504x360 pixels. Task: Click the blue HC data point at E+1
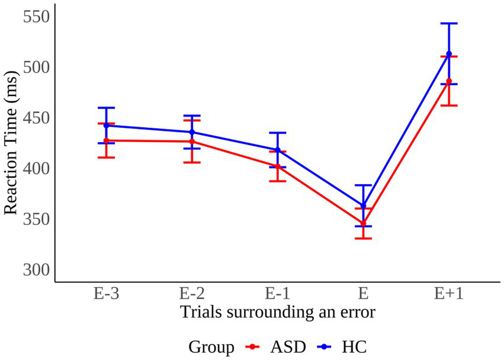coord(448,54)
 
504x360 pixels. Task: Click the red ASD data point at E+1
coord(448,81)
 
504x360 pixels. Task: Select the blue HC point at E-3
coord(107,126)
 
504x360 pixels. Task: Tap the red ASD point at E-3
coord(107,140)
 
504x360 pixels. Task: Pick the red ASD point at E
coord(363,223)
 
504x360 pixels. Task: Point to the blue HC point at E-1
coord(278,150)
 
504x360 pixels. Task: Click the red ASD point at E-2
coord(192,141)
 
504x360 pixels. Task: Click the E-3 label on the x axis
coord(107,293)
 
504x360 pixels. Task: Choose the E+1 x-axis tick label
coord(448,293)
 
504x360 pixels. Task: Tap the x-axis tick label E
coord(363,293)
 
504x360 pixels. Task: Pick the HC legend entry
coord(346,346)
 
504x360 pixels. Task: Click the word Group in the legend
coord(211,346)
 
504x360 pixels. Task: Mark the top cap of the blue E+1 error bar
coord(448,24)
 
